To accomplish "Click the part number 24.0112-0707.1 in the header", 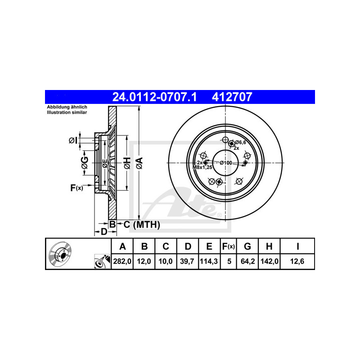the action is click(154, 97).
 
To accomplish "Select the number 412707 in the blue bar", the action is click(232, 97).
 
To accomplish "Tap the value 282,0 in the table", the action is click(122, 261).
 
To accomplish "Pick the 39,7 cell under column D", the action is click(187, 261).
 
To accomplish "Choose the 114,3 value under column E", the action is click(209, 261).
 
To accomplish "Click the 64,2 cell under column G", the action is click(248, 261).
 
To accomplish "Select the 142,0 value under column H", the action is click(270, 261).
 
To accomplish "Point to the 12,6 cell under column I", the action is click(297, 261).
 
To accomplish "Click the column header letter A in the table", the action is click(122, 246).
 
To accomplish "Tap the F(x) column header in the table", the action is click(229, 247).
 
